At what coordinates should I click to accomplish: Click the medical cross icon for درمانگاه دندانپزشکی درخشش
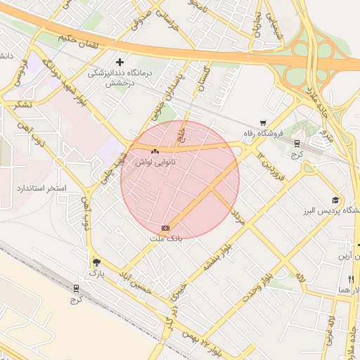120,63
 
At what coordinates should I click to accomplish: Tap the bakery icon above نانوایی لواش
155,150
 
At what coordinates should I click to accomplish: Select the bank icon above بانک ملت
166,229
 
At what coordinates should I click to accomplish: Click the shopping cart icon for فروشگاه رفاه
263,123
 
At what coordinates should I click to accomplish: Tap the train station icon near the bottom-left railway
77,288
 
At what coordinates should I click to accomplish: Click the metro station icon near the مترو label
297,143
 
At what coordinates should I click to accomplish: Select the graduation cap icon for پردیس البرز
335,200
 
